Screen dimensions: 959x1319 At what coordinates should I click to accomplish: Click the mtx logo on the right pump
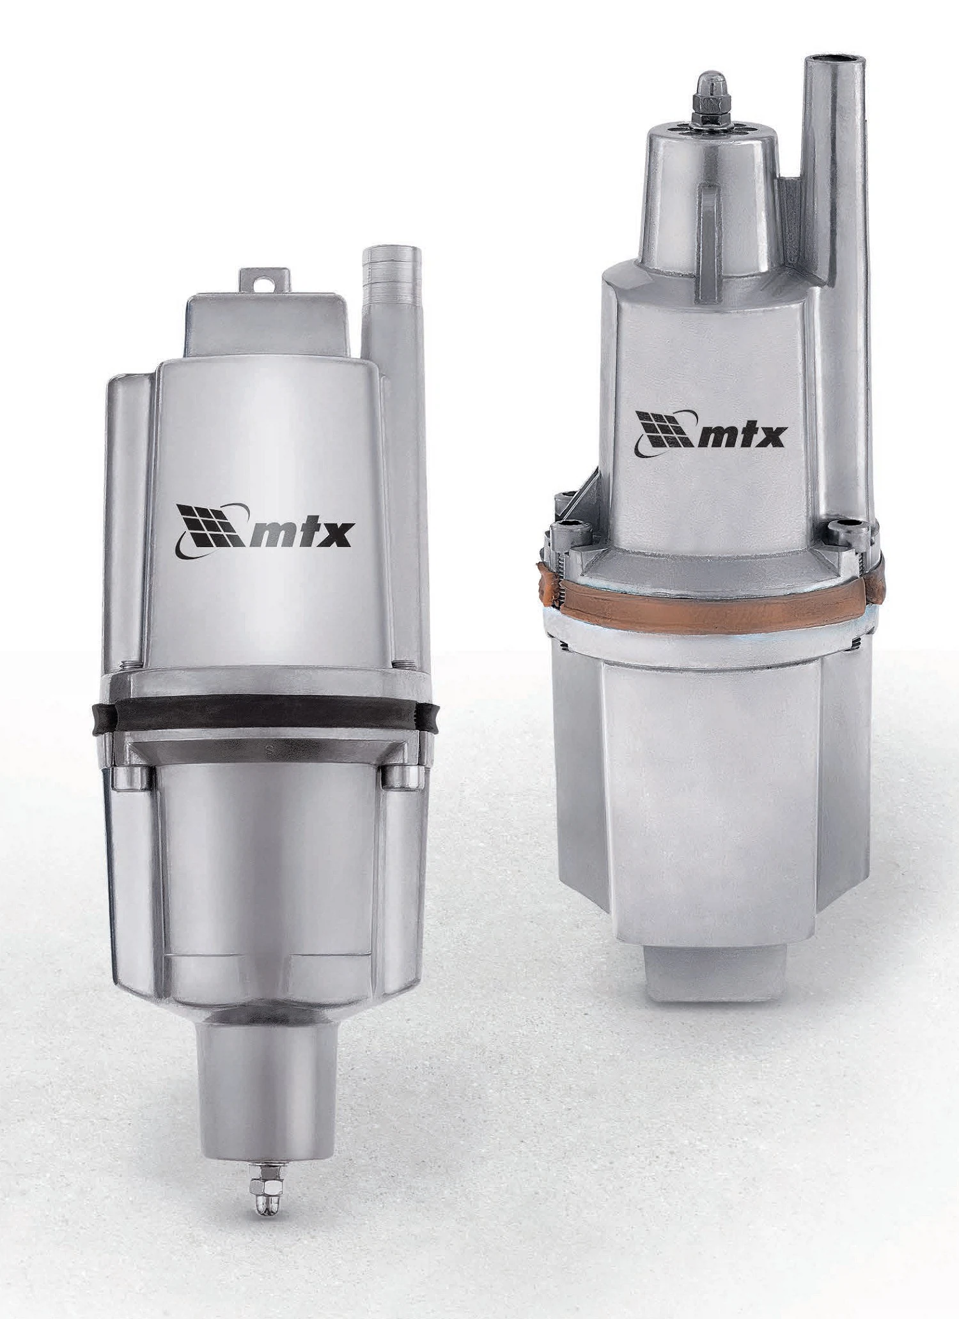click(x=710, y=433)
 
